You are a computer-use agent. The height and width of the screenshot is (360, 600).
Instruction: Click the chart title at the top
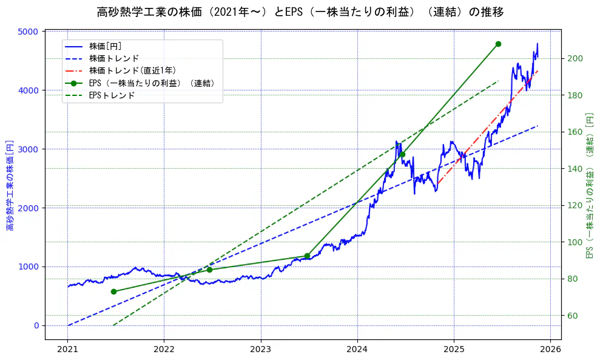[300, 12]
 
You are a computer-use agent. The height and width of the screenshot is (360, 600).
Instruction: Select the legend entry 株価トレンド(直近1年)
[132, 70]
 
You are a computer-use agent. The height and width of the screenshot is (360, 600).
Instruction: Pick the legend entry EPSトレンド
[112, 95]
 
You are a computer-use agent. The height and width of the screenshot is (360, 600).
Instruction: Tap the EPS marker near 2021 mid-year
[113, 291]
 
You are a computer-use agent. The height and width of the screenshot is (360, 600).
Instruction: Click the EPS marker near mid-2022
[209, 270]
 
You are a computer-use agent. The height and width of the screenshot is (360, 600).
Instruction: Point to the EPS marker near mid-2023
[307, 256]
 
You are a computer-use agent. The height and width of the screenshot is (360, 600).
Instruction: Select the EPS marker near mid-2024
[402, 154]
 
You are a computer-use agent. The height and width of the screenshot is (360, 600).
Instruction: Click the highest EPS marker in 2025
[498, 44]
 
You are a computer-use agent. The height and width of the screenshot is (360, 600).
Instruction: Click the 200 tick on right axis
[575, 58]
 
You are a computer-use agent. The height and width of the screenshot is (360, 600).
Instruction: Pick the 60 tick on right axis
[573, 316]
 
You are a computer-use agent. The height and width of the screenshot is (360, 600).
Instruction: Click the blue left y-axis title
[10, 185]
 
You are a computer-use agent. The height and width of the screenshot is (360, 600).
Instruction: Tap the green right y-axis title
[590, 185]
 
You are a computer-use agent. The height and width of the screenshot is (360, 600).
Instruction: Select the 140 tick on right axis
[575, 169]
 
